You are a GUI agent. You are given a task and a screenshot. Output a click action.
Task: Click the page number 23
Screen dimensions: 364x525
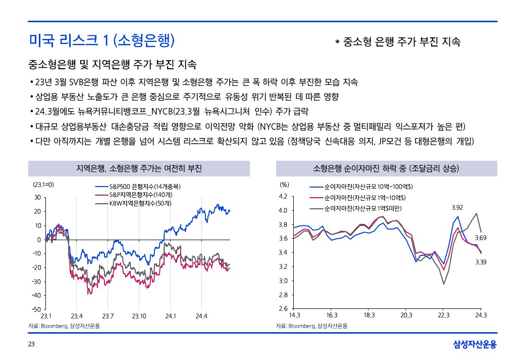31,345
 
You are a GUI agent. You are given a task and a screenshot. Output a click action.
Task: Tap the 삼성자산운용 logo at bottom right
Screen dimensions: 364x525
475,345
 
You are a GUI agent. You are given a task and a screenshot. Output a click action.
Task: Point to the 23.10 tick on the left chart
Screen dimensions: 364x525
139,316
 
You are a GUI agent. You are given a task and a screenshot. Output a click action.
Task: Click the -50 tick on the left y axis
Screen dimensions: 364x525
36,309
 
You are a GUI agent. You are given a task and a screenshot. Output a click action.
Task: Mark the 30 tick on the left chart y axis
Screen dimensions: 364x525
38,197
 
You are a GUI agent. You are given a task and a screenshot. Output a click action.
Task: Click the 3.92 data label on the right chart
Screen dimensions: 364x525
457,207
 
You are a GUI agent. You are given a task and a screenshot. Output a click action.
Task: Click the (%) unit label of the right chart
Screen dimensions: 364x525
284,185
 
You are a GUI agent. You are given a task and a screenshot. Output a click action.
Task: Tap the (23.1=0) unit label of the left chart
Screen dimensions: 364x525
43,185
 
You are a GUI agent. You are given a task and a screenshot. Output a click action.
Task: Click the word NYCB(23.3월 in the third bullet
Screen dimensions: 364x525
192,111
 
